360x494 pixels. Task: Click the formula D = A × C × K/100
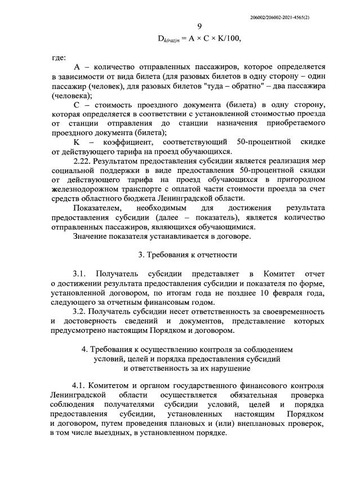202,38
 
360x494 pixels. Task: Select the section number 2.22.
83,161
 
